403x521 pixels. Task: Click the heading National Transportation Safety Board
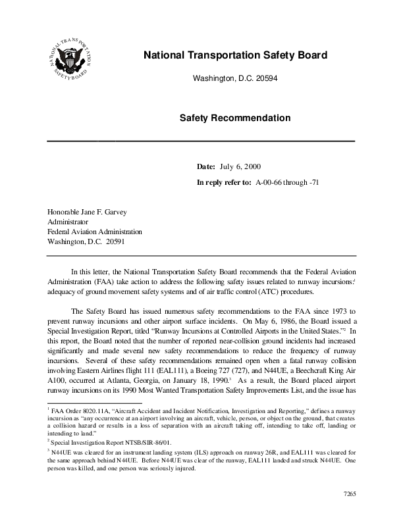[235, 55]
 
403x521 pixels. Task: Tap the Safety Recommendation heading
[235, 118]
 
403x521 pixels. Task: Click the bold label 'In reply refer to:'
[224, 182]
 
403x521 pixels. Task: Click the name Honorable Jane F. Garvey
[87, 212]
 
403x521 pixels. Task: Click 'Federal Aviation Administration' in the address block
[94, 232]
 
